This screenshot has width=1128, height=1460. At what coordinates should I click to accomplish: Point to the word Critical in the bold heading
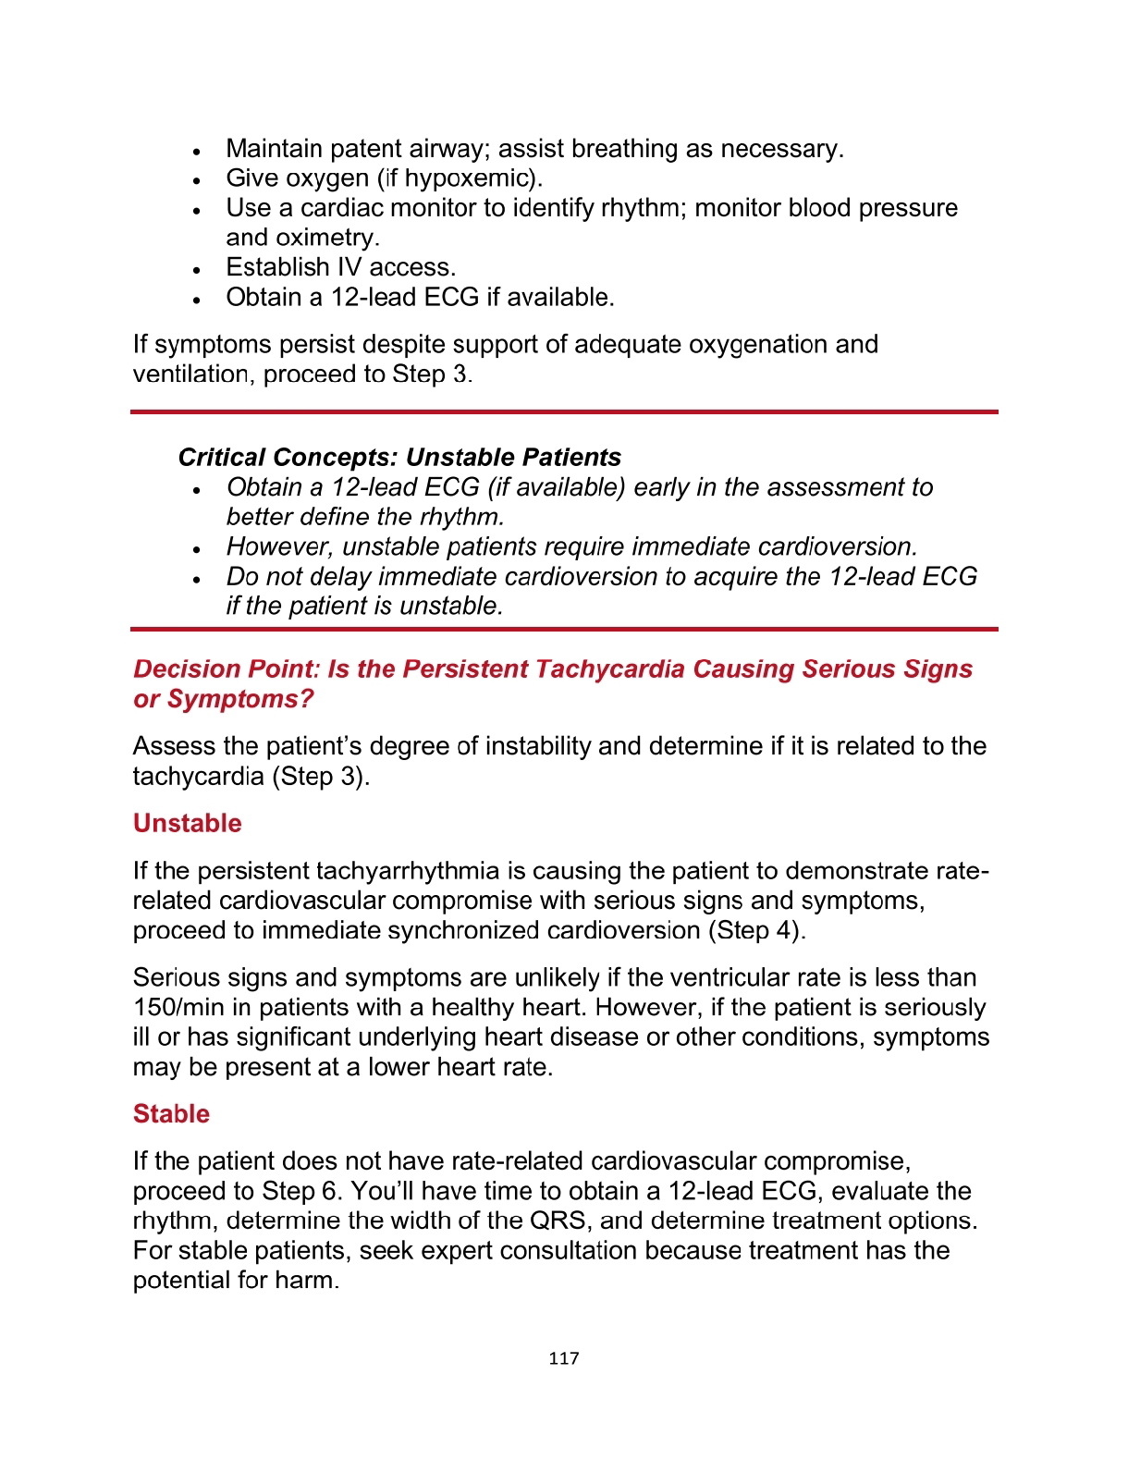[x=222, y=458]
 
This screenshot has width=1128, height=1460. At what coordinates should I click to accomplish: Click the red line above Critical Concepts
[x=564, y=411]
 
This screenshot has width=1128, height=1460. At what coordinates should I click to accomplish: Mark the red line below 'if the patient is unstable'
[x=564, y=630]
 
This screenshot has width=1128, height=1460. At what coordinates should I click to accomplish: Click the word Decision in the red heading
[x=179, y=669]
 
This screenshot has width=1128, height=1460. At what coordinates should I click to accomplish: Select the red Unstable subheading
[x=187, y=823]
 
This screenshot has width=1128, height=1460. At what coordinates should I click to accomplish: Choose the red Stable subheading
[x=171, y=1113]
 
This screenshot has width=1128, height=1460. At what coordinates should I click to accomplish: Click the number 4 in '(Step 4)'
[x=785, y=930]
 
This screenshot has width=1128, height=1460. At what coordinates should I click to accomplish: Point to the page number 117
[x=563, y=1358]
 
